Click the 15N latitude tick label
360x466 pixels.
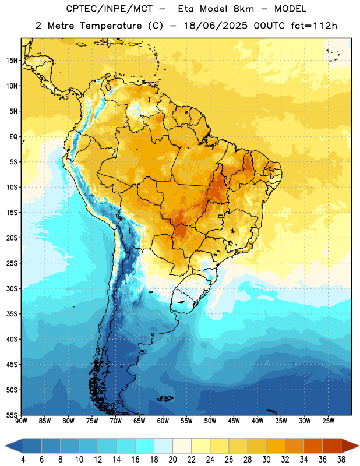tap(12, 61)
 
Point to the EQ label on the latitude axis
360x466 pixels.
tap(13, 137)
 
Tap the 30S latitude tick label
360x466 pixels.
tap(12, 288)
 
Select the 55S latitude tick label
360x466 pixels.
tap(12, 415)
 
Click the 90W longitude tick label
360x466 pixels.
tap(21, 421)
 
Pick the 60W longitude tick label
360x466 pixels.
tap(163, 421)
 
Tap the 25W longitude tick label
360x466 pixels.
tap(328, 421)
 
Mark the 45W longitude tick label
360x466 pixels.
tap(234, 421)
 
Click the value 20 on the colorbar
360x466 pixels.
tap(172, 460)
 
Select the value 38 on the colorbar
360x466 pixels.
tap(341, 460)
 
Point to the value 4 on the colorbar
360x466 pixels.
tap(23, 460)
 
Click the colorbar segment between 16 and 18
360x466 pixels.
tap(145, 446)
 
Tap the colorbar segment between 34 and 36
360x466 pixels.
tap(313, 446)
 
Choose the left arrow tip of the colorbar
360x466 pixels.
tap(5, 446)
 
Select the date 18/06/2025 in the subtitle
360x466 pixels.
tap(216, 26)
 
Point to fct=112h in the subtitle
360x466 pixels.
tap(314, 26)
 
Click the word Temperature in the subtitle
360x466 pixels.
tap(111, 26)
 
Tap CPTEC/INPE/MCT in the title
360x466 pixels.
tap(110, 9)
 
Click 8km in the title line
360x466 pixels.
tap(243, 9)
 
